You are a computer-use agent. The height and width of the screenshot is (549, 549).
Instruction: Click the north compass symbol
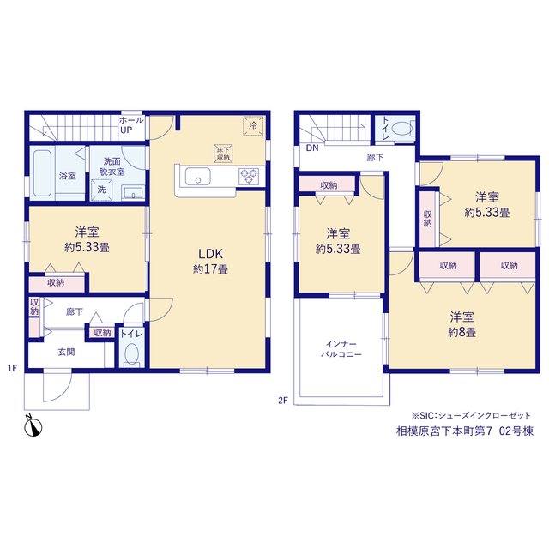33,425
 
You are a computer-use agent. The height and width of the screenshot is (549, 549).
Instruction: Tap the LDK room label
210,254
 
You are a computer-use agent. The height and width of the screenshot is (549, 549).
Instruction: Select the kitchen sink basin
198,176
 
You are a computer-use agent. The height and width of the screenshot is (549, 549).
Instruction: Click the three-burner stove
249,176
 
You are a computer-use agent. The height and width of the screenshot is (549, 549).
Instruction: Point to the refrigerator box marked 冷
253,126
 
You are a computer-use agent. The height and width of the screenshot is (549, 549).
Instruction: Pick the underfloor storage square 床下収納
223,154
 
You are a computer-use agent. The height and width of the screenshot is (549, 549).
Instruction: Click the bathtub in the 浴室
43,173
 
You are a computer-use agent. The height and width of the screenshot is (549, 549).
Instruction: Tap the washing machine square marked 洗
101,190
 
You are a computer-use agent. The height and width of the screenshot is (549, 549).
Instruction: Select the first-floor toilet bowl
131,353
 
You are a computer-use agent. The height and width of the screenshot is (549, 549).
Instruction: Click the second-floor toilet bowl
402,128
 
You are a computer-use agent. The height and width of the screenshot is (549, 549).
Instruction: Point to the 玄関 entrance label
67,352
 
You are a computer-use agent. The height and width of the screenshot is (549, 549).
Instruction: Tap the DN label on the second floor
312,148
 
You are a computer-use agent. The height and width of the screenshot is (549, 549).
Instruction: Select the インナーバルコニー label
341,349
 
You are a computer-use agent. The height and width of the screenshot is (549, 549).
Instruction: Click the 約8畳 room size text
462,332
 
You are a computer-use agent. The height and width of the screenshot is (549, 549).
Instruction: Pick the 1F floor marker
12,368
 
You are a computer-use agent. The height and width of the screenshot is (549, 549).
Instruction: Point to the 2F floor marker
283,401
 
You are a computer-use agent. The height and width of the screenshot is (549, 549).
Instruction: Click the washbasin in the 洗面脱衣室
133,193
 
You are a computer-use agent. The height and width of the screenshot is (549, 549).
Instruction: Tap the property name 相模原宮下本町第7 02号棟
465,431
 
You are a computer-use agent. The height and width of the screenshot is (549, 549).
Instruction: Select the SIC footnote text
471,415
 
